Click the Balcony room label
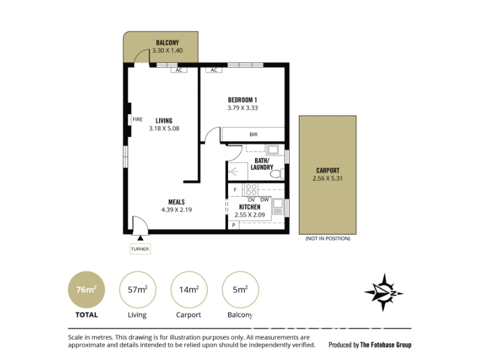point(167,43)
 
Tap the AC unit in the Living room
point(179,70)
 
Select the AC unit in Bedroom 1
point(214,70)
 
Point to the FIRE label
point(137,119)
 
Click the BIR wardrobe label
point(253,134)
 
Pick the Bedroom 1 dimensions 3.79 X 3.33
point(242,108)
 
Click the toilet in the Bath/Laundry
point(277,173)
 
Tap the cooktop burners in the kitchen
point(251,190)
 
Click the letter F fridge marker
point(235,190)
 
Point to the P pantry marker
point(233,226)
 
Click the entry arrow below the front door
point(140,238)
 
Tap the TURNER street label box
point(140,249)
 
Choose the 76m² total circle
point(86,290)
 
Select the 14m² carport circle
point(189,290)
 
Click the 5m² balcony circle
point(241,290)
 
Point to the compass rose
point(384,293)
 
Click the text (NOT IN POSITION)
point(328,238)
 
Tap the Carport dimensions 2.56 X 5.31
point(327,178)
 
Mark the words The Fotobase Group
point(386,345)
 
